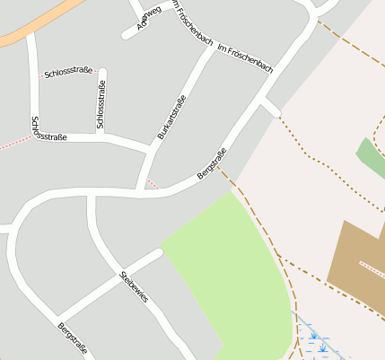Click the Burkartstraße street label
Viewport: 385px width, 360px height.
pos(171,117)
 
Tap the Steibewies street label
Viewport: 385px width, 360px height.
pos(133,285)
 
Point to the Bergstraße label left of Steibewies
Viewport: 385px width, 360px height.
pos(74,338)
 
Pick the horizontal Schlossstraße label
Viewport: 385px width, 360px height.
pos(68,73)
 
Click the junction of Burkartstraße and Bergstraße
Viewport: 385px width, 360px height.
pos(143,189)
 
